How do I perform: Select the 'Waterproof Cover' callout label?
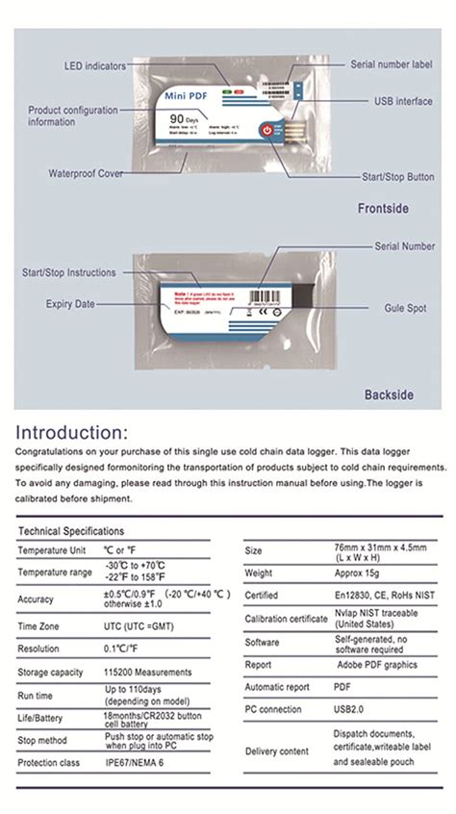tap(86, 174)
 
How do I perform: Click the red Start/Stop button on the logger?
tap(266, 130)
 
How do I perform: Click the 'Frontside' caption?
tap(383, 208)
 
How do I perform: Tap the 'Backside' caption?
tap(389, 394)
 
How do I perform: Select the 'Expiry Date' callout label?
tap(71, 304)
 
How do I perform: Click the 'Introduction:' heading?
tap(71, 431)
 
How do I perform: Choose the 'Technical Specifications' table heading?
tap(71, 531)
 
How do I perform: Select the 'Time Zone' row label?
tap(39, 625)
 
